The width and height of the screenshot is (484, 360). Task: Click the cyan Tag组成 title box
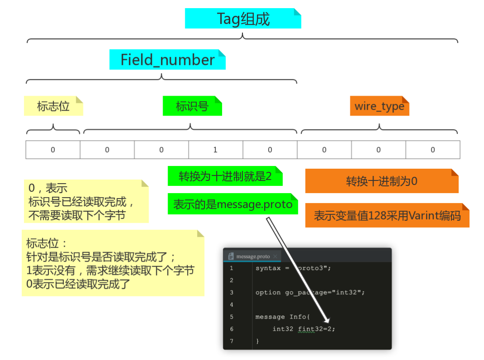(243, 19)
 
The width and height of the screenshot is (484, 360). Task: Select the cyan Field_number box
(167, 59)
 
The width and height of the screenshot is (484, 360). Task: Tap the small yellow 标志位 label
(53, 106)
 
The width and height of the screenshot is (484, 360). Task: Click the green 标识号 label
(192, 106)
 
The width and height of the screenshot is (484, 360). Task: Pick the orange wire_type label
(379, 106)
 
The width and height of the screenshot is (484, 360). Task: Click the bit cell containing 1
(215, 150)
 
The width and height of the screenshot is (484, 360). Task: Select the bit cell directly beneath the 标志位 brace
(53, 150)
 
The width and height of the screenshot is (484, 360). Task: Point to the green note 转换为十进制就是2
(225, 176)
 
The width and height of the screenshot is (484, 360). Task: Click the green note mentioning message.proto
(232, 204)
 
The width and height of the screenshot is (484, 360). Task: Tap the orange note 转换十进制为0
(382, 181)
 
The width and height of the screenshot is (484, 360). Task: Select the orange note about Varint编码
(387, 215)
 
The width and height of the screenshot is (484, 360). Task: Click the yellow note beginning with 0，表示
(86, 201)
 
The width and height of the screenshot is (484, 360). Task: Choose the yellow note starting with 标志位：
(113, 263)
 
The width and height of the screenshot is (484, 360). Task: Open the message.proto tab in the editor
(252, 256)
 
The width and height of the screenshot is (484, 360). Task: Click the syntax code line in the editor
(293, 268)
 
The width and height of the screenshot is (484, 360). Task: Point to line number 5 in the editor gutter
(232, 317)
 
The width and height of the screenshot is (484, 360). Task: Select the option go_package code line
(310, 292)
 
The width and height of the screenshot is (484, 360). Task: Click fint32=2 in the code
(316, 329)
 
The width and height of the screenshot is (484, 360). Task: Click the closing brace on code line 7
(257, 341)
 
